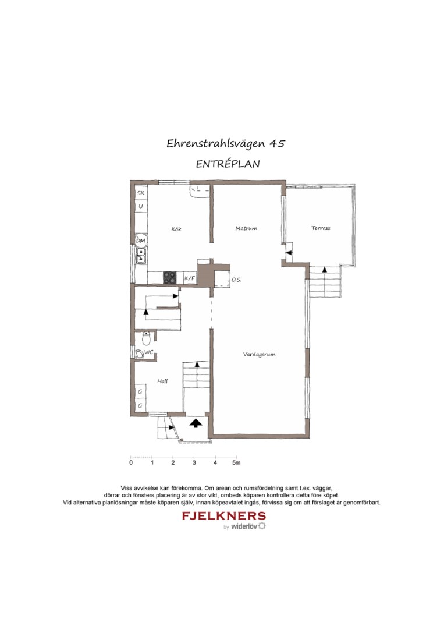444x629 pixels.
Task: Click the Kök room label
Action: click(176, 229)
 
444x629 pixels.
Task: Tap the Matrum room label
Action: click(246, 228)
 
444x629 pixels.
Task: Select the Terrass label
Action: click(321, 228)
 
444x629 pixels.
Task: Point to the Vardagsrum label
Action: click(259, 354)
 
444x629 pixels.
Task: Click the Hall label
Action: click(162, 381)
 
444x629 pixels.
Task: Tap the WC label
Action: click(149, 352)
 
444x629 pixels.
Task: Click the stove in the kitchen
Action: click(170, 278)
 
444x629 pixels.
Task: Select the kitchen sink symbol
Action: click(141, 255)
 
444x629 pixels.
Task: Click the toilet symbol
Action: click(147, 337)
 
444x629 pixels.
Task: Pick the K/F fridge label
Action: click(190, 279)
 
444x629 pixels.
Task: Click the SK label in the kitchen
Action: click(141, 193)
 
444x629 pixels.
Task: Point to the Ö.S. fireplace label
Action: click(236, 280)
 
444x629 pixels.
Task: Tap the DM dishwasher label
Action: click(141, 241)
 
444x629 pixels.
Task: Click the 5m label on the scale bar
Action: click(236, 463)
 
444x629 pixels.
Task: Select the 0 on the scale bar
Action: click(131, 463)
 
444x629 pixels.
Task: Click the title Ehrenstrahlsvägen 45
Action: click(226, 143)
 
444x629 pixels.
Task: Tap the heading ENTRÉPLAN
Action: click(228, 164)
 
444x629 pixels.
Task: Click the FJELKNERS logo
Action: click(224, 516)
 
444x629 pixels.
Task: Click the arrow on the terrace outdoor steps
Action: click(324, 271)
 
